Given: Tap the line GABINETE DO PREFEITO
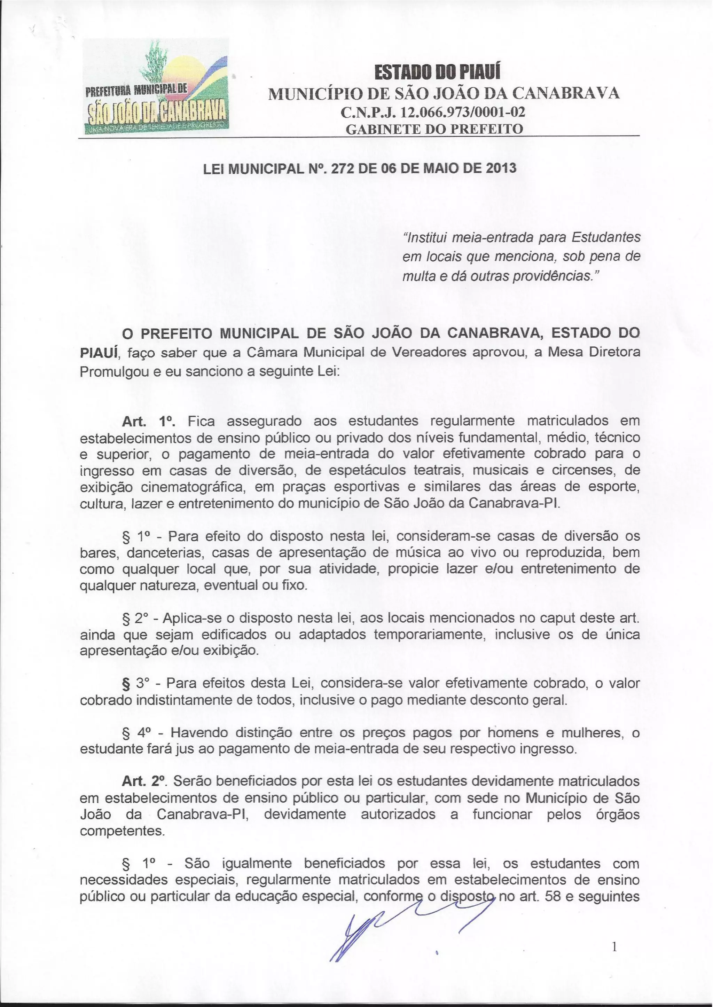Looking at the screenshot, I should click(x=434, y=129).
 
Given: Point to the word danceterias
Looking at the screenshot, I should click(x=165, y=553).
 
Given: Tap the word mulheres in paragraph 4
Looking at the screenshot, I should click(x=593, y=732).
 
